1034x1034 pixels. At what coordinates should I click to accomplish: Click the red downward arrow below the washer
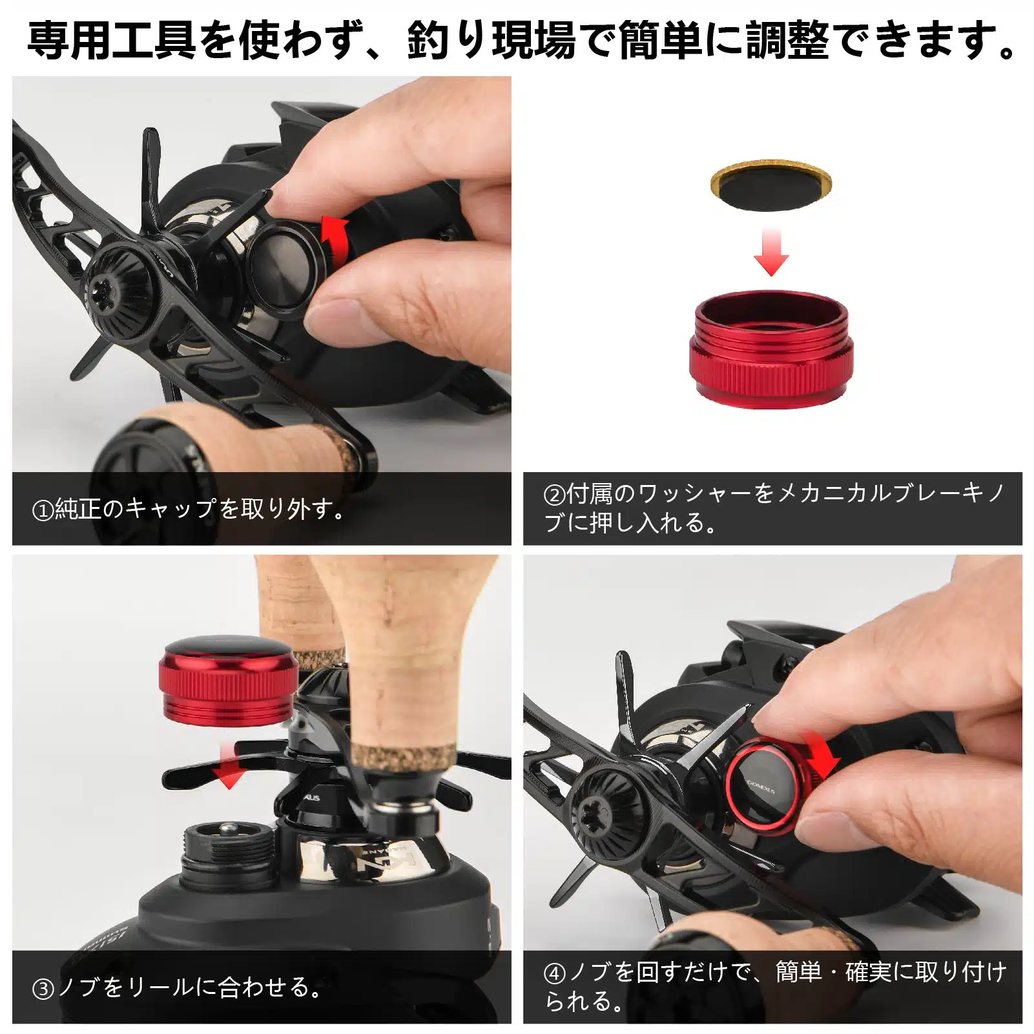coord(771,252)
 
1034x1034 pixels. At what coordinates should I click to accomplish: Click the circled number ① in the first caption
coord(42,510)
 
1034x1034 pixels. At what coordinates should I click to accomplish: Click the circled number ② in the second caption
coord(554,495)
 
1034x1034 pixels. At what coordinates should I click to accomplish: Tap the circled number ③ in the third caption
coord(43,989)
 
